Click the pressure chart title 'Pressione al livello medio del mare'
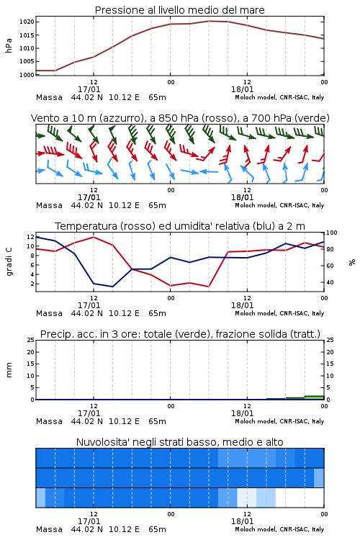pyautogui.click(x=180, y=10)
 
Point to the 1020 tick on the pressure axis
pyautogui.click(x=27, y=22)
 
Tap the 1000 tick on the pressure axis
pyautogui.click(x=27, y=75)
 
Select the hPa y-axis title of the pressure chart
pyautogui.click(x=9, y=45)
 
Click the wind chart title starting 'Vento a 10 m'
pyautogui.click(x=180, y=118)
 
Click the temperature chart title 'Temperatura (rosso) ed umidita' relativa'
pyautogui.click(x=180, y=226)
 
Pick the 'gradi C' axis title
pyautogui.click(x=9, y=261)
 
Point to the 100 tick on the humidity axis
pyautogui.click(x=332, y=233)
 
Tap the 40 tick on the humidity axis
pyautogui.click(x=330, y=282)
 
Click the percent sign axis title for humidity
pyautogui.click(x=352, y=262)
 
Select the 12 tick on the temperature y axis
pyautogui.click(x=31, y=237)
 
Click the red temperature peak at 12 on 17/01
pyautogui.click(x=94, y=237)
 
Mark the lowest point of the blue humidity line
pyautogui.click(x=112, y=287)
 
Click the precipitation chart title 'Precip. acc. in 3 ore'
pyautogui.click(x=180, y=334)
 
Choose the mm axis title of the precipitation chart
pyautogui.click(x=9, y=369)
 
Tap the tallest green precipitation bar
pyautogui.click(x=314, y=397)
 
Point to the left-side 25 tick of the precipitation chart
pyautogui.click(x=31, y=340)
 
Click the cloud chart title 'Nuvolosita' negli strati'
pyautogui.click(x=180, y=442)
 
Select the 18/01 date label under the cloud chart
pyautogui.click(x=243, y=521)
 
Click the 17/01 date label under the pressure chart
pyautogui.click(x=89, y=89)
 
